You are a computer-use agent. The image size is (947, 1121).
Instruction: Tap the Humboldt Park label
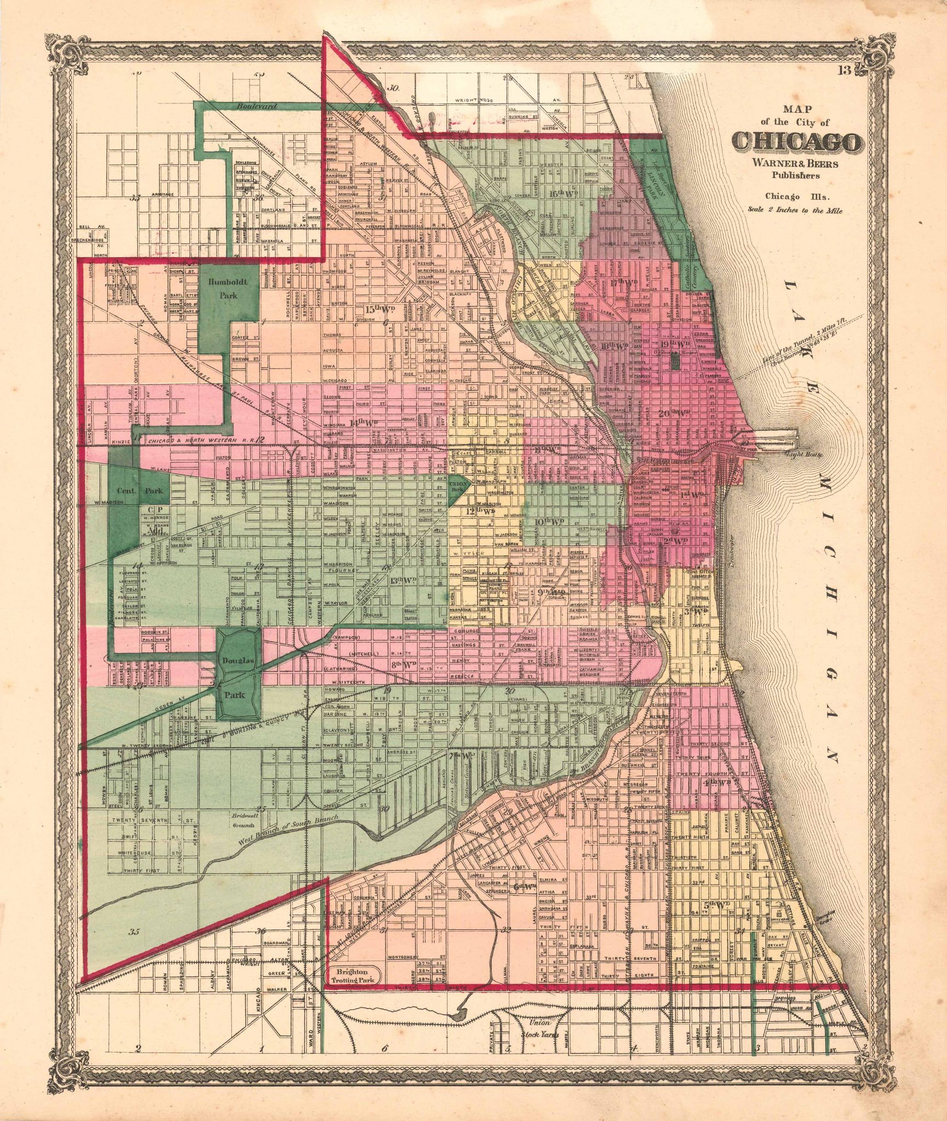(228, 288)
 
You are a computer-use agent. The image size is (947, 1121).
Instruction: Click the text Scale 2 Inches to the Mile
(795, 210)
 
